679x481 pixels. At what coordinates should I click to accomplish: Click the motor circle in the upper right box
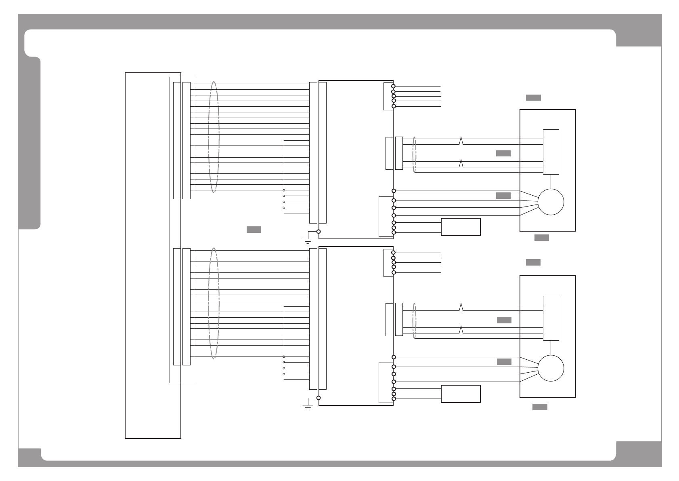[x=551, y=202]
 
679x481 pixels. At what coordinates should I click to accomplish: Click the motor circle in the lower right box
[x=551, y=368]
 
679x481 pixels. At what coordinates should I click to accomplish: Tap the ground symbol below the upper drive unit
[x=308, y=241]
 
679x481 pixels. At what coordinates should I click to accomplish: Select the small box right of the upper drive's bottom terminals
[x=461, y=227]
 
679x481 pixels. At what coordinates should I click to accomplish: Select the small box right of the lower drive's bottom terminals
[x=461, y=394]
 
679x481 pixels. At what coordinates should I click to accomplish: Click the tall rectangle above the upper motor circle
[x=551, y=152]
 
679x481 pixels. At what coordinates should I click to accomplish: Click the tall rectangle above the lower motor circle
[x=551, y=318]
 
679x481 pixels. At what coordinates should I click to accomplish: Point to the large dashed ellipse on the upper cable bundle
[x=214, y=137]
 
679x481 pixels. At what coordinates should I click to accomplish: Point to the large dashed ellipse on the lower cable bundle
[x=214, y=303]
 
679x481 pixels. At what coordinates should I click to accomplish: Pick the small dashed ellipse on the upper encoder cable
[x=414, y=155]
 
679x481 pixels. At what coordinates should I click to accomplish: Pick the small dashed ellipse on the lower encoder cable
[x=414, y=321]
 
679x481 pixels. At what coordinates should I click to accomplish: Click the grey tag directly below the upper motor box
[x=541, y=238]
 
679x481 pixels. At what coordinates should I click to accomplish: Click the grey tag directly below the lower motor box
[x=540, y=407]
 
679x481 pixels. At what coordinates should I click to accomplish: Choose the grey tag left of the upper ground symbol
[x=254, y=230]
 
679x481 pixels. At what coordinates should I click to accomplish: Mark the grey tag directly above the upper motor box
[x=533, y=97]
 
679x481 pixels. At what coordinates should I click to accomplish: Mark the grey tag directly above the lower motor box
[x=533, y=262]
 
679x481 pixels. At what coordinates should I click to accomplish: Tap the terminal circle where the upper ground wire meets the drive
[x=319, y=232]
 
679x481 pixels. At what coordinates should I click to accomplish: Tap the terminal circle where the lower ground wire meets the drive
[x=319, y=398]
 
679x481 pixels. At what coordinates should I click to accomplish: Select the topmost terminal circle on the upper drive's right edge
[x=393, y=86]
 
